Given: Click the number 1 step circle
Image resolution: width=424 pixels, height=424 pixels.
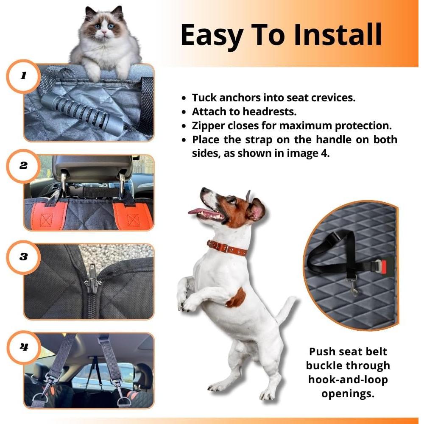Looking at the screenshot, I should (x=24, y=76).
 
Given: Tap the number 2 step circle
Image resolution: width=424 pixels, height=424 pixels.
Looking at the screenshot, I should (x=24, y=165).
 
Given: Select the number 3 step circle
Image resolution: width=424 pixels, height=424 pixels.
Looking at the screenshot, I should (x=24, y=257).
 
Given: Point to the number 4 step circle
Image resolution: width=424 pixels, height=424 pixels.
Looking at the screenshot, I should (x=24, y=347).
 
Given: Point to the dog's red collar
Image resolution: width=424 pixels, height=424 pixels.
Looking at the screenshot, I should (x=228, y=248).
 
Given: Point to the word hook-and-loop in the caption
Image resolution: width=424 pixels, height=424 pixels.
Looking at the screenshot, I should (x=347, y=379).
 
